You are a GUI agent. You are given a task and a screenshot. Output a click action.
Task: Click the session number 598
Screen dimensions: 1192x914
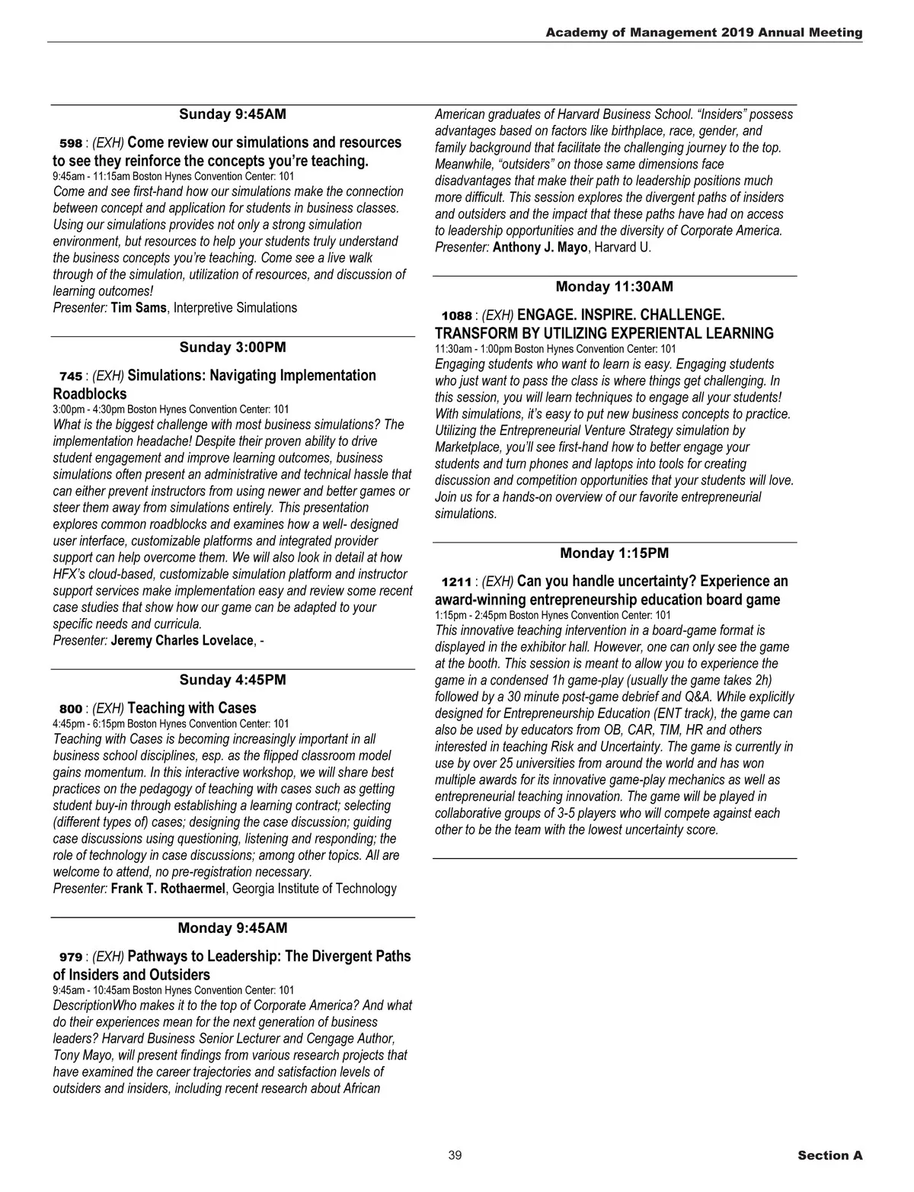(x=70, y=143)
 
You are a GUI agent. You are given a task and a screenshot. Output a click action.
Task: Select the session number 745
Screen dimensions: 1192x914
(x=70, y=377)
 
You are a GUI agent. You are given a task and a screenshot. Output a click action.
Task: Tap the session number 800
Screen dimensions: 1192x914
(x=70, y=709)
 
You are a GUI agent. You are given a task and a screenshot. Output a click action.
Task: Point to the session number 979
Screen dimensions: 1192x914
(x=70, y=957)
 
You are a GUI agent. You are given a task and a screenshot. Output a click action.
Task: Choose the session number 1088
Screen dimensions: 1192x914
(x=457, y=316)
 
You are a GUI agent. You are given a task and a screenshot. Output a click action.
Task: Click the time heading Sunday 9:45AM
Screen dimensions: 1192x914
(x=232, y=114)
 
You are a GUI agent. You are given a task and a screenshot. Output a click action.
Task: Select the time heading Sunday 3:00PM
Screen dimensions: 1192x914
(x=232, y=348)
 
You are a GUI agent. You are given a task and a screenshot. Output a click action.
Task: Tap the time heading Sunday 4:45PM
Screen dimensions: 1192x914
(x=232, y=680)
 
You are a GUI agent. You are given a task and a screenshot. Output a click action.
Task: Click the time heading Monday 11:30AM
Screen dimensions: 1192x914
(x=614, y=287)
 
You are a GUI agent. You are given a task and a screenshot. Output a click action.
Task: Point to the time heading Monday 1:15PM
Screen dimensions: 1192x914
(x=614, y=553)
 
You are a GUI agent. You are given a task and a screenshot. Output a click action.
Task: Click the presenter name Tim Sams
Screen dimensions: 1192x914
(x=138, y=308)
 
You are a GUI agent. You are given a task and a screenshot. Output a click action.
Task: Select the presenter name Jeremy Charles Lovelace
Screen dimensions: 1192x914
(x=181, y=640)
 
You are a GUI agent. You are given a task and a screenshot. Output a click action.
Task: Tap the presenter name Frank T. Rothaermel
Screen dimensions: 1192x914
(x=168, y=889)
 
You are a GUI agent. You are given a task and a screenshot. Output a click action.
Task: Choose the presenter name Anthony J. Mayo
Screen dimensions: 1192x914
(x=540, y=247)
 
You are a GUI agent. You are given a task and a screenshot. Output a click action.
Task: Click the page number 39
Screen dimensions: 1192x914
(x=455, y=1155)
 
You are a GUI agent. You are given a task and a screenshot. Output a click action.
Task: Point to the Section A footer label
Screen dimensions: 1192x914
(x=829, y=1155)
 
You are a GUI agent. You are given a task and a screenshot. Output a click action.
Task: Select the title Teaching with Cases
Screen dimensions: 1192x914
(x=192, y=708)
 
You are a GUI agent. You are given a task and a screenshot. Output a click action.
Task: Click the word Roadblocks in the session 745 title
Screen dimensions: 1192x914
(x=90, y=394)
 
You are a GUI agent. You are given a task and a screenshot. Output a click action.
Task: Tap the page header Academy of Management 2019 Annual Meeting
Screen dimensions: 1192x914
(x=704, y=33)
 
